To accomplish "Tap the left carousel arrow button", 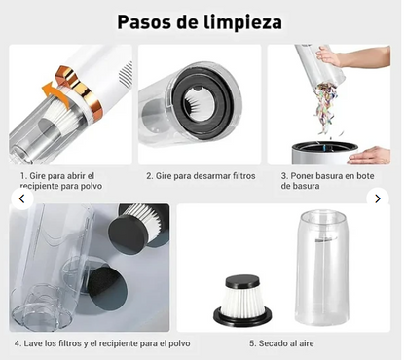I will pos(22,198).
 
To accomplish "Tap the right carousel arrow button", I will pos(378,198).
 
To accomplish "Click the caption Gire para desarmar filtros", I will pos(200,176).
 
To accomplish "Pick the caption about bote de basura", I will pos(328,181).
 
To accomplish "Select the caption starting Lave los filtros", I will pos(102,343).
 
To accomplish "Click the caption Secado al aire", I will pos(281,343).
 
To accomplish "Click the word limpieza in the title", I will pos(244,21).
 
